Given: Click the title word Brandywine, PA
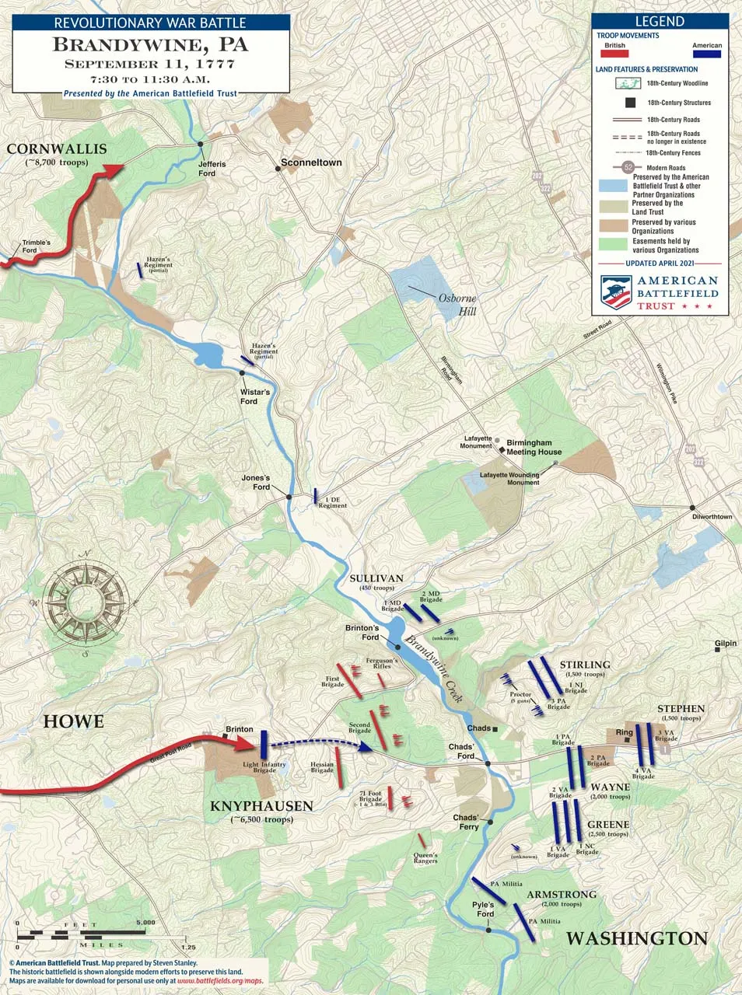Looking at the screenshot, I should click(150, 44).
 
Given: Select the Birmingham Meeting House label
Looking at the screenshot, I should click(534, 447).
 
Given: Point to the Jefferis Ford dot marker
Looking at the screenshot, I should click(201, 145).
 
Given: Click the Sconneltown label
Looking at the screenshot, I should click(311, 162).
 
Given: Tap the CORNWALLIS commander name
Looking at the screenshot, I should click(57, 149).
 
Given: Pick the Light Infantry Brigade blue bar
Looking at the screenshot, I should click(264, 744).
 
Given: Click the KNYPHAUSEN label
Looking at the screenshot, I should click(261, 806).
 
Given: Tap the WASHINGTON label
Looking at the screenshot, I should click(636, 938).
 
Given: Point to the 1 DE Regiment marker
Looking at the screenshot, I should click(316, 495).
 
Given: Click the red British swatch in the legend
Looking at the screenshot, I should click(614, 54).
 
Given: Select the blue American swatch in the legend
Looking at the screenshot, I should click(706, 54).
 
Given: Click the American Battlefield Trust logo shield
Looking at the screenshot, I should click(616, 292).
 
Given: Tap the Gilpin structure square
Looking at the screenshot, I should click(719, 653).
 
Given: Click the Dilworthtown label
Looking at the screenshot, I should click(712, 516).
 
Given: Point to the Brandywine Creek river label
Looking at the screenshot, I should click(433, 670).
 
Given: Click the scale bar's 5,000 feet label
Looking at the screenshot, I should click(145, 923).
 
